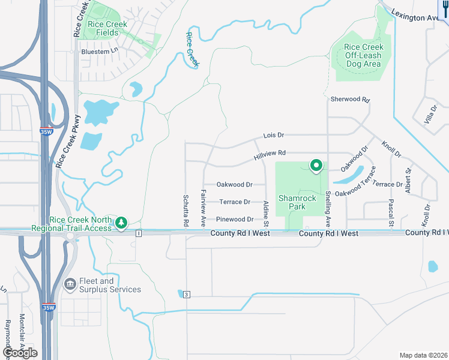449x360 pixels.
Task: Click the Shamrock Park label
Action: pos(292,202)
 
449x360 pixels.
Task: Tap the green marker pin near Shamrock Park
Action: pos(316,165)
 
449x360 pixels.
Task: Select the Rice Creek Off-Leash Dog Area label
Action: pos(363,55)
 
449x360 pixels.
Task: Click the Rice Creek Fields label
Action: pos(107,29)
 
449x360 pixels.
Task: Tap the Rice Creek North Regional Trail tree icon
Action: pos(121,223)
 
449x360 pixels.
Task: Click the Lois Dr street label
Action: pos(273,136)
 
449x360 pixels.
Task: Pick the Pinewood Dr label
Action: pos(235,220)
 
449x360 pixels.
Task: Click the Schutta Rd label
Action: pos(186,211)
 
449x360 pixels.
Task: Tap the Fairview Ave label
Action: pos(204,203)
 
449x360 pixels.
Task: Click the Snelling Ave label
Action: pos(328,204)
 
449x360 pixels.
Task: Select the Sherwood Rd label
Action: pos(349,99)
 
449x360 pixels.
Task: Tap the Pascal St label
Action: pos(391,213)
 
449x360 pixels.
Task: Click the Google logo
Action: pos(19,353)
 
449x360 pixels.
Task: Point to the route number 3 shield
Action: pos(187,294)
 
